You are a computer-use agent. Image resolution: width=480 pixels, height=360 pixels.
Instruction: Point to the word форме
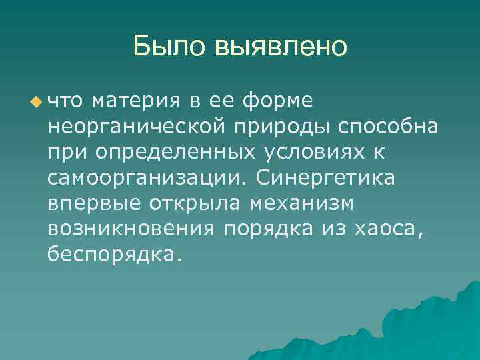(x=279, y=101)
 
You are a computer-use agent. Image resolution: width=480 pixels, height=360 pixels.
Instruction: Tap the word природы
(x=292, y=127)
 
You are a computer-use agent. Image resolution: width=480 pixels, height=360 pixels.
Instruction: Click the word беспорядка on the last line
(x=114, y=255)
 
